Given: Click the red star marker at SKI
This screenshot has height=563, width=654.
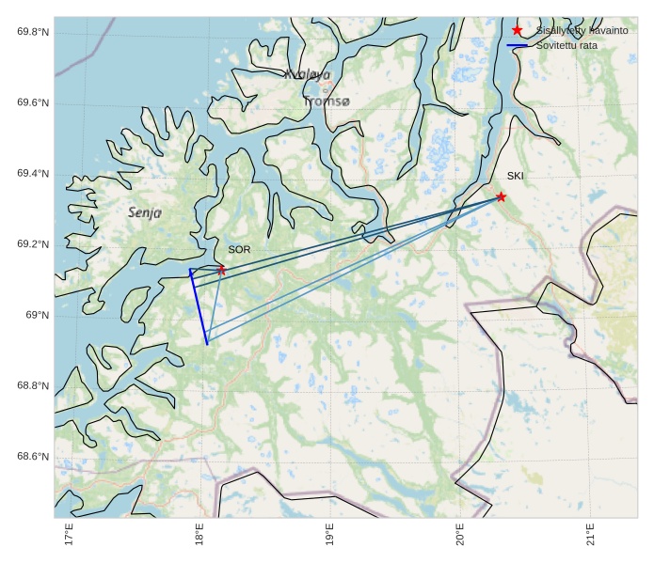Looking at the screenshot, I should click(x=501, y=196).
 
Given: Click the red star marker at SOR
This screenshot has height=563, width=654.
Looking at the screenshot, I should click(x=222, y=270).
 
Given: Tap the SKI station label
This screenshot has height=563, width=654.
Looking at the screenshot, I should click(x=515, y=176).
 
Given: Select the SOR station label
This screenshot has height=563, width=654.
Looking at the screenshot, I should click(x=239, y=249).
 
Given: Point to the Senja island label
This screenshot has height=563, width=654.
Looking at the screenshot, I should click(x=145, y=213).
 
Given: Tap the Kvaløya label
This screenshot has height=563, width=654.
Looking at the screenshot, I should click(x=308, y=74).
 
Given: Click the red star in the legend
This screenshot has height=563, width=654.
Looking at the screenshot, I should click(x=518, y=30).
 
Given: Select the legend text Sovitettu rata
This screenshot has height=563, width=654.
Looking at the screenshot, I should click(x=566, y=45).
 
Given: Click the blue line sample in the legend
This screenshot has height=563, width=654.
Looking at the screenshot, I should click(x=518, y=45).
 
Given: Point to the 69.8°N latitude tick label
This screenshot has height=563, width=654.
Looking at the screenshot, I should click(x=33, y=32).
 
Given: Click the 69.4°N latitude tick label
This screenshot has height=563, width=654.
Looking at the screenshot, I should click(x=33, y=174).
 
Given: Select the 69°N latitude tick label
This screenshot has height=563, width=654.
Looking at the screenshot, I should click(x=37, y=315).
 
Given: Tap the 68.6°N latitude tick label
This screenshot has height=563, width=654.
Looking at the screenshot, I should click(x=33, y=457).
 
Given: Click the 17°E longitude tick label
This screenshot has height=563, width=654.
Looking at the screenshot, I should click(x=69, y=534).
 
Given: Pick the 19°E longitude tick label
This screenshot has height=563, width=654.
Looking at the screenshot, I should click(x=330, y=534).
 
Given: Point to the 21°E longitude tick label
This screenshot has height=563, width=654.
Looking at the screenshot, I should click(x=591, y=534).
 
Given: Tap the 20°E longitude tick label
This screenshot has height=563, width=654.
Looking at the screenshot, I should click(x=461, y=534).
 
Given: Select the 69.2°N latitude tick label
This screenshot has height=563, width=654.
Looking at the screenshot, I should click(x=33, y=244).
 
